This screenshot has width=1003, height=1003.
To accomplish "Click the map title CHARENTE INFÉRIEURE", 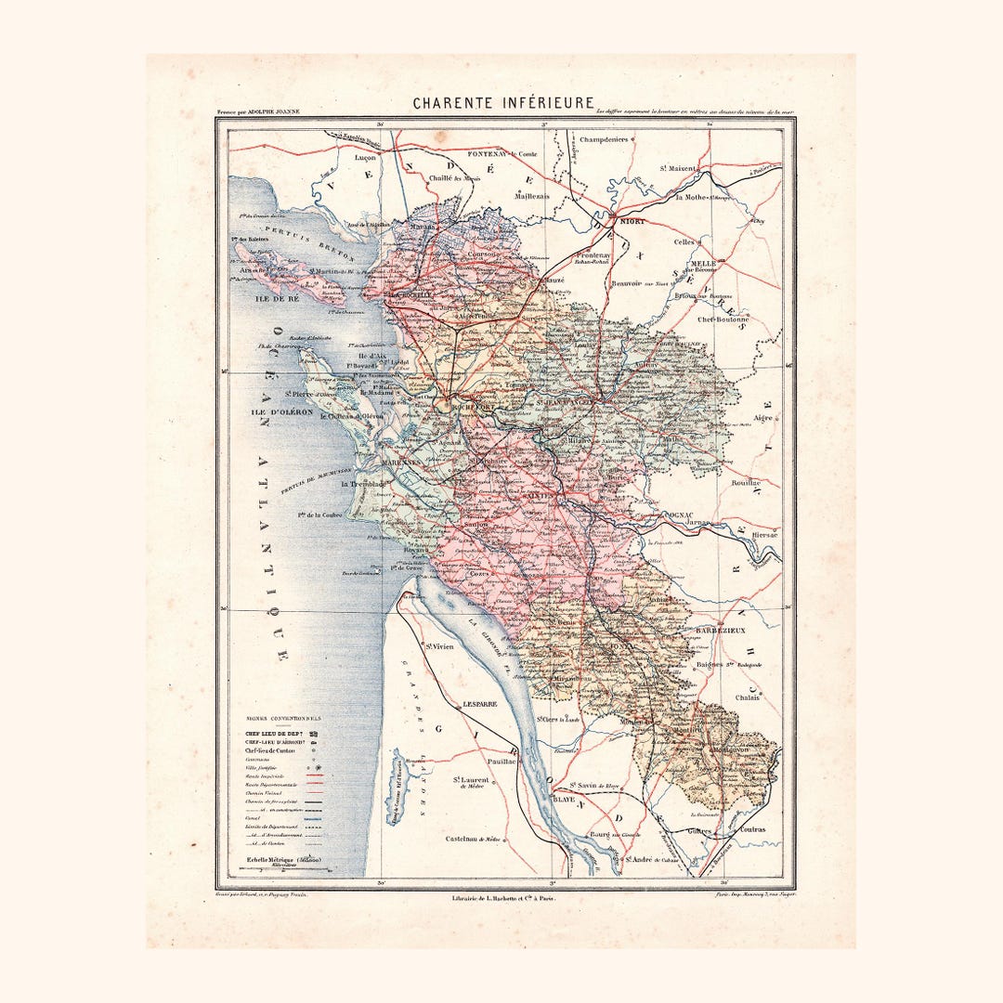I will coord(502,103).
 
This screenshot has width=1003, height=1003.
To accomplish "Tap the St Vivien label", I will coord(439,645).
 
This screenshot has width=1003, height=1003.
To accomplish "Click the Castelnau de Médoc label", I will coord(474,839).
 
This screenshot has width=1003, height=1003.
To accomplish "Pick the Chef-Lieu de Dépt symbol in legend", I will coord(313,734).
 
